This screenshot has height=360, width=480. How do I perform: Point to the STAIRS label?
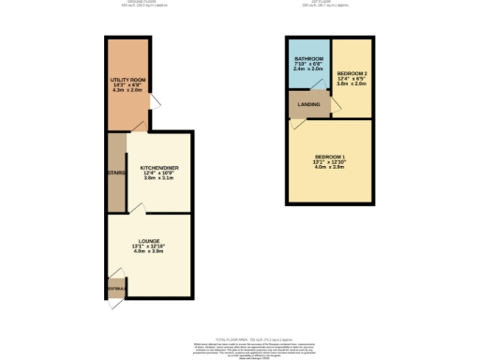point(116,172)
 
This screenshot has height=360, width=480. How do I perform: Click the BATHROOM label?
point(307,58)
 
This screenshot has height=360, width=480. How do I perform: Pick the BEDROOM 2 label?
point(351,72)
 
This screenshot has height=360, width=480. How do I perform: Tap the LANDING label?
point(307,104)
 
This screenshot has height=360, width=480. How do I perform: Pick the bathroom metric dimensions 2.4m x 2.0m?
point(307,69)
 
